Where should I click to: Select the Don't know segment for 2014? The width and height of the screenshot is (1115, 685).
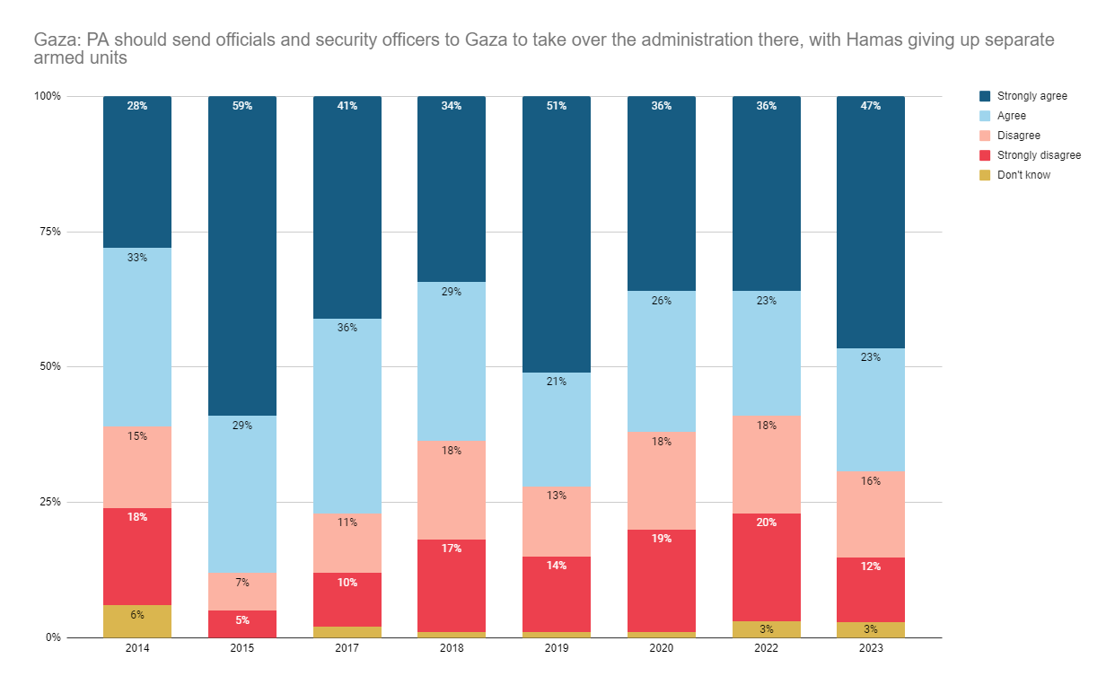coord(137,621)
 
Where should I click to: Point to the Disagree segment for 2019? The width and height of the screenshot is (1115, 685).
coord(557,521)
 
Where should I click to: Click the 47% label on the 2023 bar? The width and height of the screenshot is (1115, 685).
coord(871,106)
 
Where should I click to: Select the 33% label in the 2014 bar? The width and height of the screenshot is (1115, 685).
coord(137,258)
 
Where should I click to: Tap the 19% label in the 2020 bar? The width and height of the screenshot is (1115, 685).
coord(662,540)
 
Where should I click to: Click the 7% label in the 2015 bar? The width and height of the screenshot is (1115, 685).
coord(242,583)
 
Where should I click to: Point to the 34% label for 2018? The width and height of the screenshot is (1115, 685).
coord(452,106)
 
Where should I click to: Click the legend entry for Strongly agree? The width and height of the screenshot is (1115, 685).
coord(1032,96)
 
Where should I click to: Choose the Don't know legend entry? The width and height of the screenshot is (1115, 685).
coord(1023,175)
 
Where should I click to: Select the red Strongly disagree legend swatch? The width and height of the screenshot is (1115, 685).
coord(985,155)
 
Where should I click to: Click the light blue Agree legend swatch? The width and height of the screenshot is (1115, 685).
coord(985,116)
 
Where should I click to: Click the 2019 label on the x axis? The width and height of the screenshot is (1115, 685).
coord(557,649)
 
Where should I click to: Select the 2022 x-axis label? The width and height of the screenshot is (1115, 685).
coord(767,649)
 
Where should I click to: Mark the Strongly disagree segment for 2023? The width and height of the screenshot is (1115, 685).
coord(871,589)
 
